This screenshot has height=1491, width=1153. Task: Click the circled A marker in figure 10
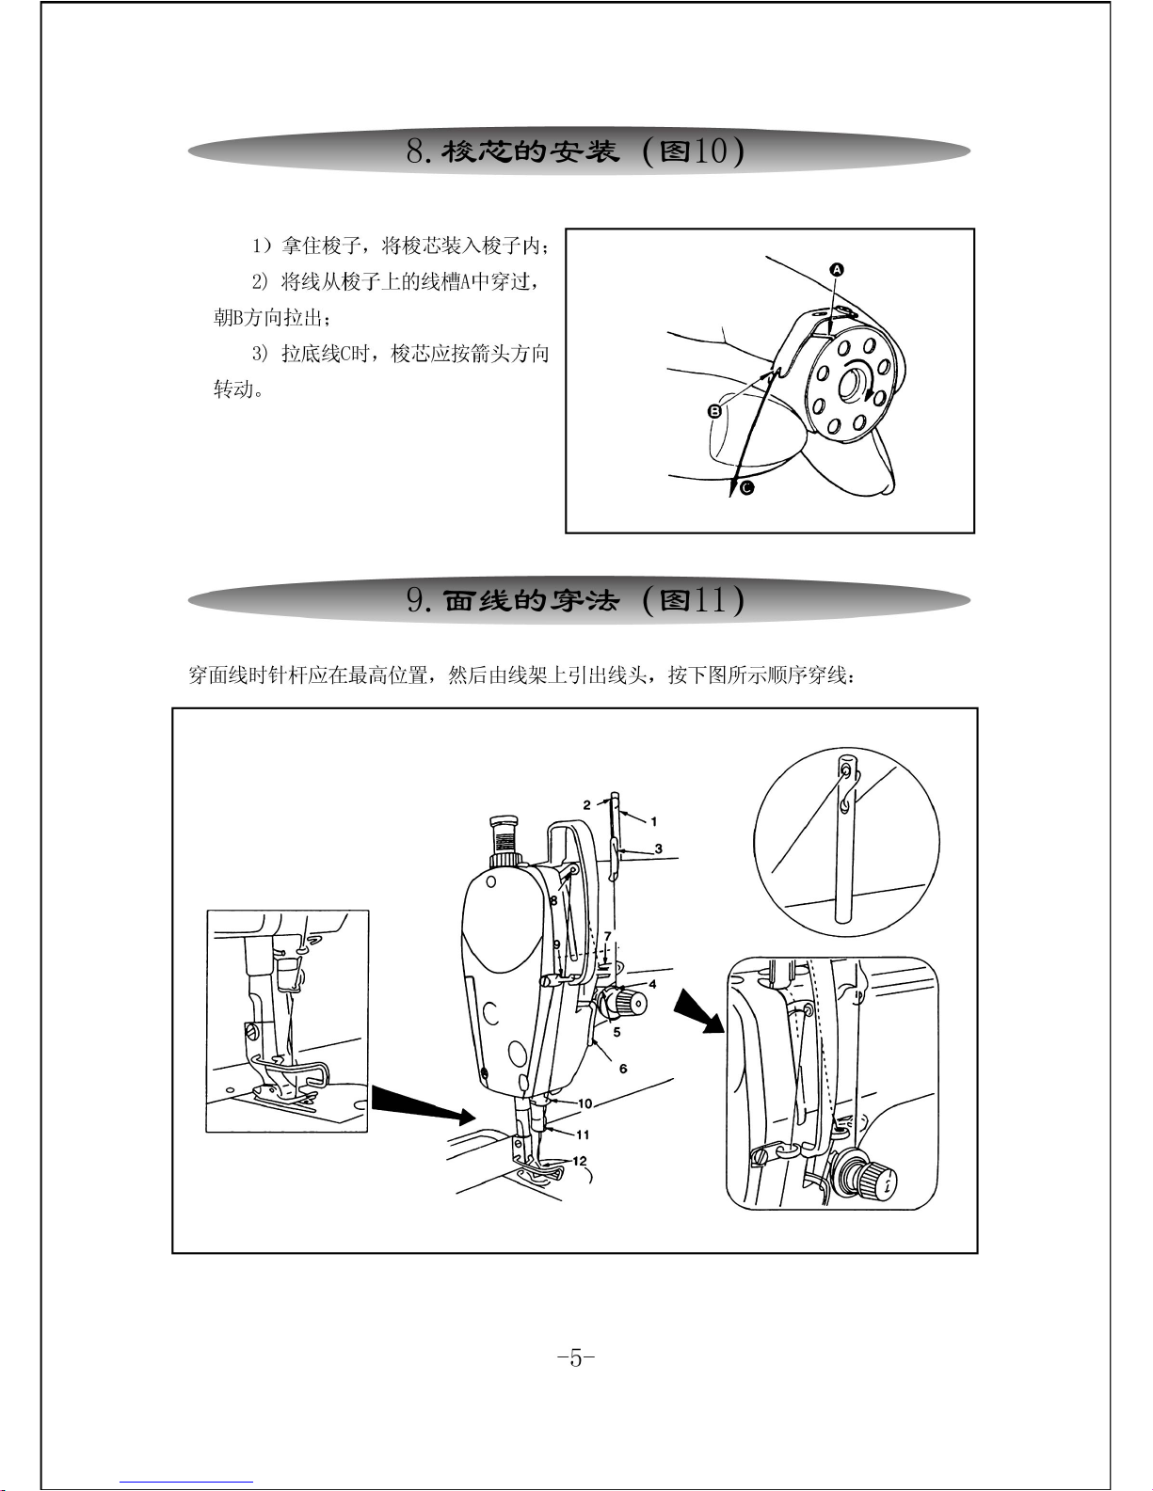(x=836, y=270)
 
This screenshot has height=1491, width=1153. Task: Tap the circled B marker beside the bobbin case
(x=714, y=411)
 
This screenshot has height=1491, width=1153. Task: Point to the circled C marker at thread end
(x=747, y=488)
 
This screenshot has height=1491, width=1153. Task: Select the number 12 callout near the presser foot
(x=580, y=1161)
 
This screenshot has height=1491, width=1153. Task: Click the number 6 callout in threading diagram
(x=623, y=1069)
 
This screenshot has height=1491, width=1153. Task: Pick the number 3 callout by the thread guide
(x=658, y=849)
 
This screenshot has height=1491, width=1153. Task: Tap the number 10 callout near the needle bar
(x=585, y=1104)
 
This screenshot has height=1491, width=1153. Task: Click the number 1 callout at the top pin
(x=654, y=821)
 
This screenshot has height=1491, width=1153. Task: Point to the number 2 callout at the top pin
(x=586, y=805)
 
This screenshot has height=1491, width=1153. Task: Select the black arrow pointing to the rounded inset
(x=698, y=1014)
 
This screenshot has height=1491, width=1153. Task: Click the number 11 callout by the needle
(x=583, y=1134)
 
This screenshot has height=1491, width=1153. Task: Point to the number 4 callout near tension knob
(x=652, y=984)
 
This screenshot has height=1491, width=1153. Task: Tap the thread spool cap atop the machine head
(x=504, y=820)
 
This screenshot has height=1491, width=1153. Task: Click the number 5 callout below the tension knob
(x=617, y=1032)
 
